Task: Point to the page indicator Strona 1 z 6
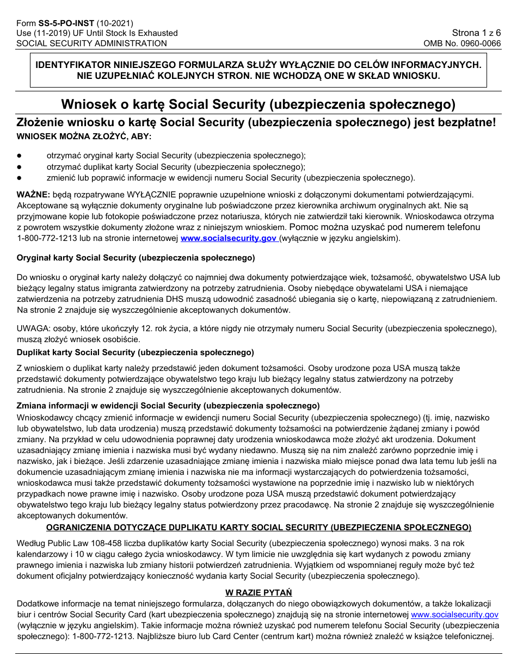pyautogui.click(x=476, y=33)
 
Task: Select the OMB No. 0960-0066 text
pyautogui.click(x=462, y=44)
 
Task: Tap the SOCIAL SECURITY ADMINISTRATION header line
pyautogui.click(x=91, y=44)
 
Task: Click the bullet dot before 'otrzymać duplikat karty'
pyautogui.click(x=20, y=166)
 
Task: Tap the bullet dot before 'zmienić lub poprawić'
pyautogui.click(x=20, y=178)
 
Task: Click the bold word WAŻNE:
pyautogui.click(x=34, y=195)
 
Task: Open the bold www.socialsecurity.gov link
pyautogui.click(x=229, y=238)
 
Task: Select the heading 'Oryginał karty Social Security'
pyautogui.click(x=136, y=257)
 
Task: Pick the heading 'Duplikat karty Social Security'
pyautogui.click(x=135, y=352)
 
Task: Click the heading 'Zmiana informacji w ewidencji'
pyautogui.click(x=168, y=406)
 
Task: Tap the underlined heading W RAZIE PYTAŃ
pyautogui.click(x=258, y=592)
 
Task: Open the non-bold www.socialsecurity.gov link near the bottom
pyautogui.click(x=454, y=615)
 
